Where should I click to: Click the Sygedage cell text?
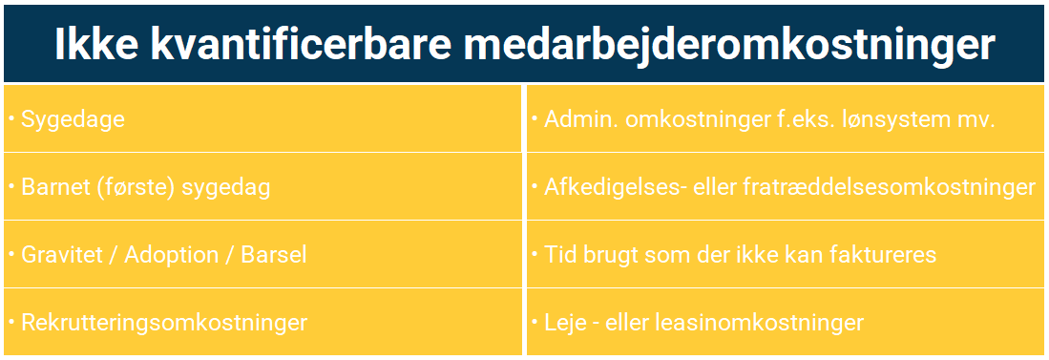(x=73, y=120)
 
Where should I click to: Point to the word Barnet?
(x=54, y=187)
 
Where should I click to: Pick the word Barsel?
(x=273, y=256)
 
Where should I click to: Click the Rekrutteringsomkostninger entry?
(x=164, y=324)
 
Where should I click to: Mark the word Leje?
(x=566, y=324)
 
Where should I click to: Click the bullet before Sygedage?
(x=12, y=118)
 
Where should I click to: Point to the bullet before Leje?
(x=535, y=321)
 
